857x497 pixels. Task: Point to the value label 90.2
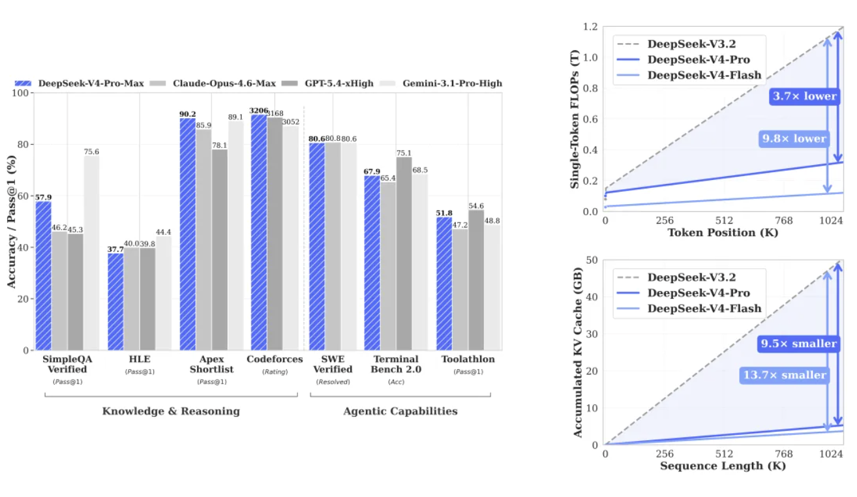coord(187,114)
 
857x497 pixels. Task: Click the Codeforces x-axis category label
coord(275,359)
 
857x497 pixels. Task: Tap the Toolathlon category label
coord(468,359)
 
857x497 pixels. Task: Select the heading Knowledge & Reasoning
coord(171,411)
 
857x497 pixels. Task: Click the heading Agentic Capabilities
coord(400,411)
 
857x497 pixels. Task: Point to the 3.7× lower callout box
coord(804,97)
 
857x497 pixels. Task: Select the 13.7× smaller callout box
coord(785,375)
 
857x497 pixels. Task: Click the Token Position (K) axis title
coord(723,233)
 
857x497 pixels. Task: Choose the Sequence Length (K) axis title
coord(723,466)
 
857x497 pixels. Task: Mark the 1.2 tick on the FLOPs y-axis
coord(591,27)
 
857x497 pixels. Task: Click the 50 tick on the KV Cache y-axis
coord(593,260)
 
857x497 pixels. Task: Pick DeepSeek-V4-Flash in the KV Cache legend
coord(704,309)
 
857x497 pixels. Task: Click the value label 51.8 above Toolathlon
coord(443,213)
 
